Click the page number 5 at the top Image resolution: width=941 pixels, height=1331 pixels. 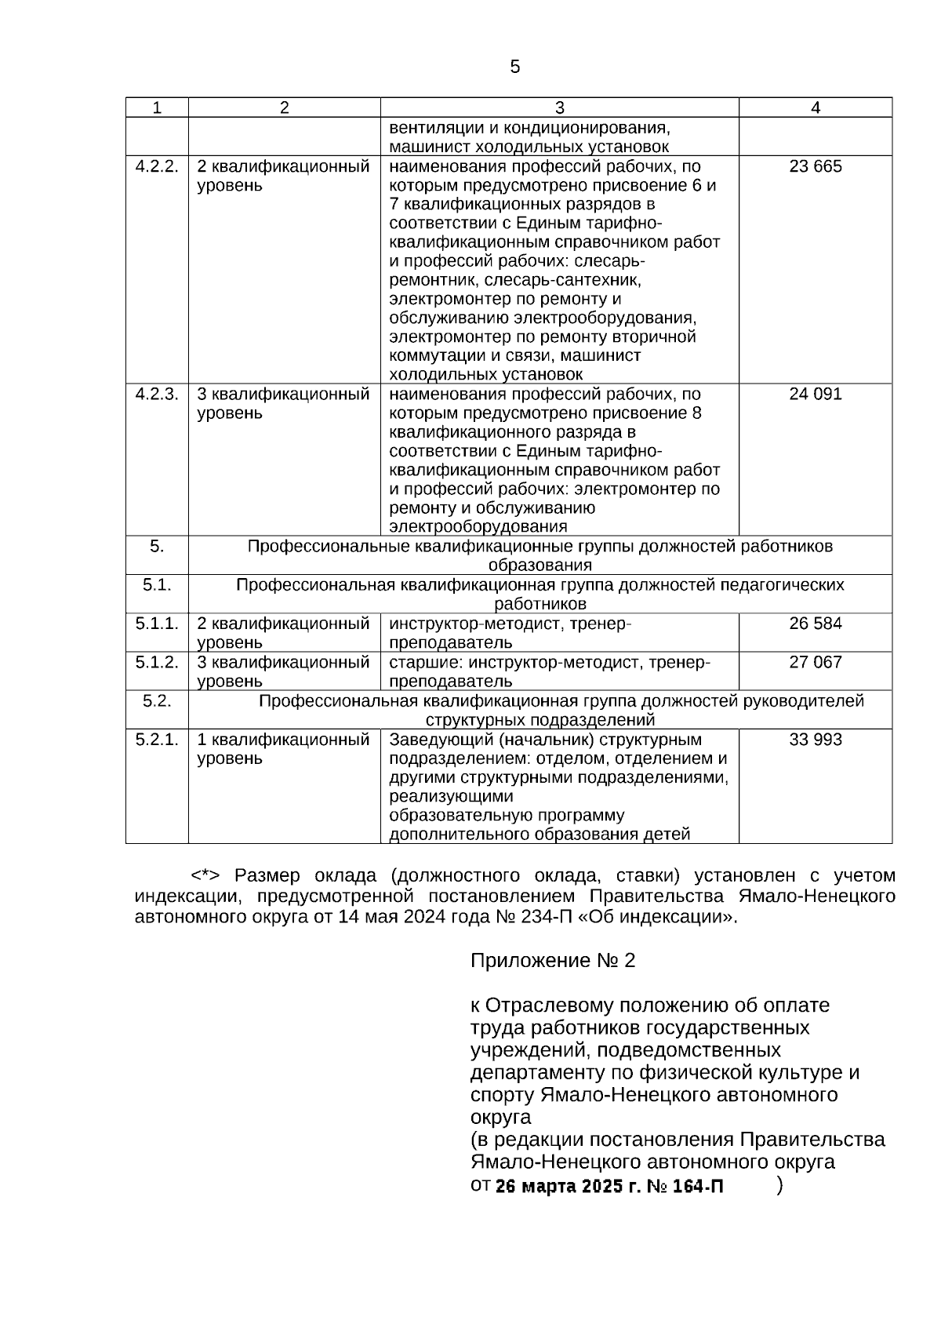[514, 67]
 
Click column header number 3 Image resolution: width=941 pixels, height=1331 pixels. [559, 108]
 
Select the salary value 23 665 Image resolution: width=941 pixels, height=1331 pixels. [816, 166]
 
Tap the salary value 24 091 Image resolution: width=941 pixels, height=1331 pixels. [816, 394]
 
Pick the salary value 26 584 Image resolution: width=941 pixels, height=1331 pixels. [816, 624]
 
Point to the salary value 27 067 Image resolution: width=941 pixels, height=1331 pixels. [816, 662]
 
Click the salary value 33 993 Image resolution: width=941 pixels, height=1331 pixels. [816, 740]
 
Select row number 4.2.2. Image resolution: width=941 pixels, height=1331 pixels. [157, 166]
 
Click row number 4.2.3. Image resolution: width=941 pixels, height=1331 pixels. [157, 394]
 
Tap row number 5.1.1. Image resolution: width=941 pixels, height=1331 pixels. [157, 624]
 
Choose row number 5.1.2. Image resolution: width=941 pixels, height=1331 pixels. [157, 662]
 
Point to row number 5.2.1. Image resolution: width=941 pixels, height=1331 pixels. [157, 740]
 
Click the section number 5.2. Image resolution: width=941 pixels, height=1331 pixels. [157, 701]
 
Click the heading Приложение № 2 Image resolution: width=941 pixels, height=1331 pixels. [552, 961]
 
